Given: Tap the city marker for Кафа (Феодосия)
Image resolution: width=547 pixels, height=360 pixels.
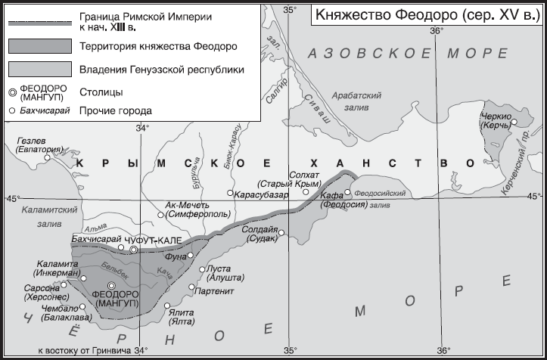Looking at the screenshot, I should click(x=348, y=192).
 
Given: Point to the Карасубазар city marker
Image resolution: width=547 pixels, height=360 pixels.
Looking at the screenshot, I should click(x=230, y=194).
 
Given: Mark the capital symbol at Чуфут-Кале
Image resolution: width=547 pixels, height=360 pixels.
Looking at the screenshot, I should click(x=133, y=249).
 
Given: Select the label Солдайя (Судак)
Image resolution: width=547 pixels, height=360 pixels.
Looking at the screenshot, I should click(x=262, y=234).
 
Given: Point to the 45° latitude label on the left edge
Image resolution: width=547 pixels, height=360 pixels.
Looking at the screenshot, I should click(x=12, y=197).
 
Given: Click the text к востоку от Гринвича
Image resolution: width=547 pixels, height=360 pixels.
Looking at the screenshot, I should click(x=84, y=350).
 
